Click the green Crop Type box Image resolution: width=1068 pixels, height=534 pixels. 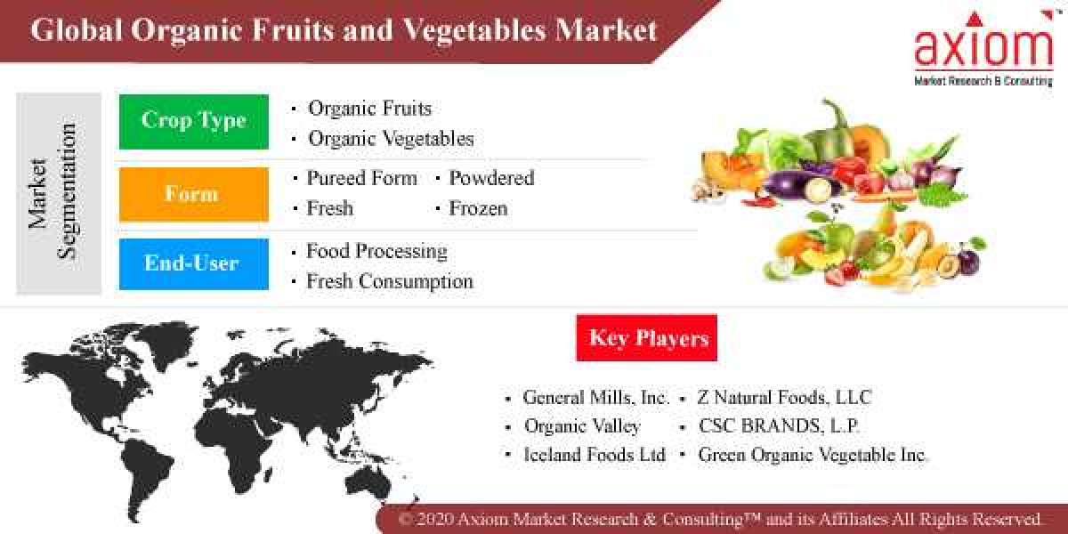click(x=193, y=121)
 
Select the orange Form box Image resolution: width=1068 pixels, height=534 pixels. click(x=193, y=194)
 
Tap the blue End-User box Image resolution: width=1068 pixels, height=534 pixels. click(x=193, y=263)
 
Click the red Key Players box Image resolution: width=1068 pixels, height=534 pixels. click(x=647, y=338)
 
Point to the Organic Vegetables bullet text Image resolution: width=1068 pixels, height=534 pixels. click(x=391, y=139)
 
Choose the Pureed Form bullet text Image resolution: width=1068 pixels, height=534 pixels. click(x=361, y=178)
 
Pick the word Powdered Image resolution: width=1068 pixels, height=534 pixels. click(x=491, y=178)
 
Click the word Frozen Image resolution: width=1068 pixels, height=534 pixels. click(x=478, y=208)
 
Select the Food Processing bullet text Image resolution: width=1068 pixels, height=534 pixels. click(x=376, y=251)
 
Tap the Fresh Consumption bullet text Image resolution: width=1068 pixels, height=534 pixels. click(x=389, y=281)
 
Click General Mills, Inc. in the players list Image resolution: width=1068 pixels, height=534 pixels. click(x=595, y=398)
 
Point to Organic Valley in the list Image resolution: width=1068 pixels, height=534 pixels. click(x=582, y=426)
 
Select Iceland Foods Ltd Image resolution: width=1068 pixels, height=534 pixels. click(x=595, y=455)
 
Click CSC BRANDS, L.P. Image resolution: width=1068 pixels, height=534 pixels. click(x=779, y=426)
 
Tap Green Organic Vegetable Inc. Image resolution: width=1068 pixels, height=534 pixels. click(x=812, y=455)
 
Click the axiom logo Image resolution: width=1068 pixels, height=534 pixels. click(x=983, y=49)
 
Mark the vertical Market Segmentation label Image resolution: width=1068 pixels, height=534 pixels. click(x=53, y=193)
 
